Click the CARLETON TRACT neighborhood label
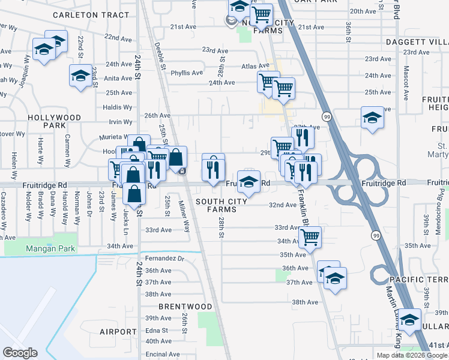(99, 14)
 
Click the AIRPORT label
(118, 332)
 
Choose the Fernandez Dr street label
(164, 258)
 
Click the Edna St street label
(156, 330)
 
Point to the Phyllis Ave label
(187, 73)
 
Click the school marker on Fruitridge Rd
(249, 180)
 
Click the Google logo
(20, 353)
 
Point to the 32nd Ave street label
(282, 205)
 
